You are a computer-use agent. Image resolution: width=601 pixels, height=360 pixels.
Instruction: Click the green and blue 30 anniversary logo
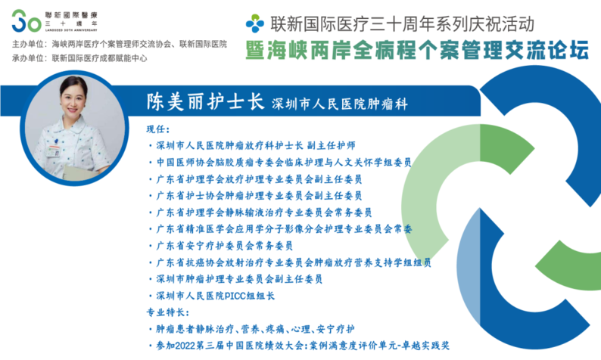pyautogui.click(x=26, y=21)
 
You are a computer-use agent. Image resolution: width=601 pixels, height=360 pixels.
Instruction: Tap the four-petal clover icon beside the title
pyautogui.click(x=255, y=23)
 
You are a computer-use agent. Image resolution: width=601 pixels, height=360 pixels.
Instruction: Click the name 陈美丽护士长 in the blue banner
pyautogui.click(x=205, y=102)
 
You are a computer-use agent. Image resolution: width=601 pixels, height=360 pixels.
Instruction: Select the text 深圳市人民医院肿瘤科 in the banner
pyautogui.click(x=340, y=104)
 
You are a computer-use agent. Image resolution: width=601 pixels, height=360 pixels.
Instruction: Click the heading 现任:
pyautogui.click(x=158, y=129)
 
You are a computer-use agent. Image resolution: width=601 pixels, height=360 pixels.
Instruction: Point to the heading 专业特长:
pyautogui.click(x=168, y=312)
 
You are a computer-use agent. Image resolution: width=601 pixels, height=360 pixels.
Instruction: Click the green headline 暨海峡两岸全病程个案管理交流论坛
pyautogui.click(x=417, y=51)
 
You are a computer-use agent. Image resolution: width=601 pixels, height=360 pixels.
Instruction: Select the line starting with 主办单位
pyautogui.click(x=119, y=44)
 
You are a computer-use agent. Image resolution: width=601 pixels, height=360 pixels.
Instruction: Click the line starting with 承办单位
pyautogui.click(x=79, y=58)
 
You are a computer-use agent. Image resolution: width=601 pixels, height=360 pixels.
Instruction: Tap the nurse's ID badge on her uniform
pyautogui.click(x=52, y=151)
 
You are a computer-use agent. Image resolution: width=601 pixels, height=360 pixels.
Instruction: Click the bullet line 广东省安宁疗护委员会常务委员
pyautogui.click(x=225, y=246)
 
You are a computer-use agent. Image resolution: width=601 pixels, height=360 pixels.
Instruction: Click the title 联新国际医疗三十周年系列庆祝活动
pyautogui.click(x=402, y=23)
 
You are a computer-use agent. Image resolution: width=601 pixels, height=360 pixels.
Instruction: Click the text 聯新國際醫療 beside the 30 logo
pyautogui.click(x=71, y=15)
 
